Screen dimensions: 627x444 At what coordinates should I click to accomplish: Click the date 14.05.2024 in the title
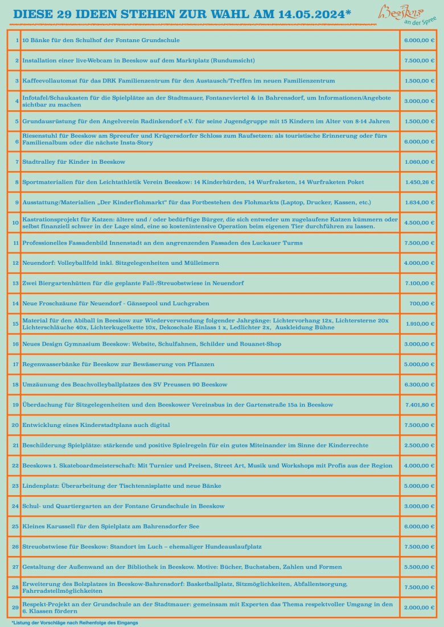pos(311,14)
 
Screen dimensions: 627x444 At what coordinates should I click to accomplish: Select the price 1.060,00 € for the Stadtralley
pos(419,162)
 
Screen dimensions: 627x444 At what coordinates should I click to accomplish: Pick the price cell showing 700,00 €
pos(422,304)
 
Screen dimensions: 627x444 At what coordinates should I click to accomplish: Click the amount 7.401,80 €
pos(419,405)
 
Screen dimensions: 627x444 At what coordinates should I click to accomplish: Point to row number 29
pos(15,607)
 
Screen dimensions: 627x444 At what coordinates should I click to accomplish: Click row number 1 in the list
pos(17,40)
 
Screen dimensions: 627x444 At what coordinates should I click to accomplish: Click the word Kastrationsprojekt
pos(48,219)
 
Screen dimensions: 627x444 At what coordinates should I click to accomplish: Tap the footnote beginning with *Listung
pos(75,622)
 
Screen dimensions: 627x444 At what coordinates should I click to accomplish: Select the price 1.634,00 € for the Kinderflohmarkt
pos(419,202)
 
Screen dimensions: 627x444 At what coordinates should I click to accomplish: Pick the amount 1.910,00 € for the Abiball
pos(419,323)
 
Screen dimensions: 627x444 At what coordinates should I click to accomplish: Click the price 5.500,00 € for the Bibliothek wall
pos(419,567)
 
